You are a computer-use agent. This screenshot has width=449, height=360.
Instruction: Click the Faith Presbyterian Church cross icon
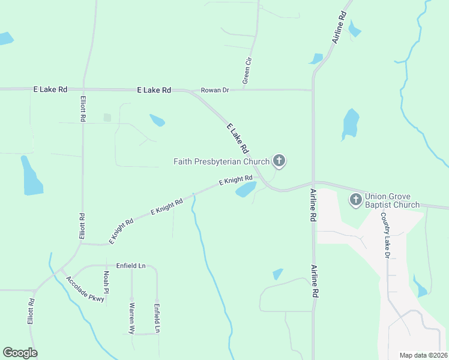(279, 161)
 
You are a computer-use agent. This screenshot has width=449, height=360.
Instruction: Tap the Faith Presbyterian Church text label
(221, 161)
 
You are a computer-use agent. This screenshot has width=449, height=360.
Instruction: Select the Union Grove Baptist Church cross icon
(356, 199)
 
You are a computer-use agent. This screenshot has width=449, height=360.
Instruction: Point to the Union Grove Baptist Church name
(393, 200)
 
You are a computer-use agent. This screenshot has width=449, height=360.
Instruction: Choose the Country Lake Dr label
(386, 238)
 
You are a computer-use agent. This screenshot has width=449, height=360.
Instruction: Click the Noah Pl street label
(106, 278)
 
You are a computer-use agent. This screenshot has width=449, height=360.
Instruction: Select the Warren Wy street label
(131, 317)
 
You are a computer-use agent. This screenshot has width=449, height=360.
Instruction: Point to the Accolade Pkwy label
(85, 289)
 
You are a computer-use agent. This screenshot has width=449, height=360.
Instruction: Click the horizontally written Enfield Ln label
(131, 265)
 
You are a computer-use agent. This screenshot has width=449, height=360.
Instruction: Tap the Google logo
(20, 353)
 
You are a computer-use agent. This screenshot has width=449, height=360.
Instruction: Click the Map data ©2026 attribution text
(423, 355)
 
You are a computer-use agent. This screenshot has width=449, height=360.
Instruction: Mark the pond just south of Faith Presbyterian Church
(246, 190)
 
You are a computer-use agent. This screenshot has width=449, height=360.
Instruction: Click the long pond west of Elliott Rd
(32, 176)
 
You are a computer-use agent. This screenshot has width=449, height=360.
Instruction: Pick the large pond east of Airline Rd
(350, 124)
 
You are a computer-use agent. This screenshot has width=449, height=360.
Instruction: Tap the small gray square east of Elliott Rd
(107, 118)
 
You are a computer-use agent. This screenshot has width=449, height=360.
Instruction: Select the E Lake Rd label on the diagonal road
(238, 137)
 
